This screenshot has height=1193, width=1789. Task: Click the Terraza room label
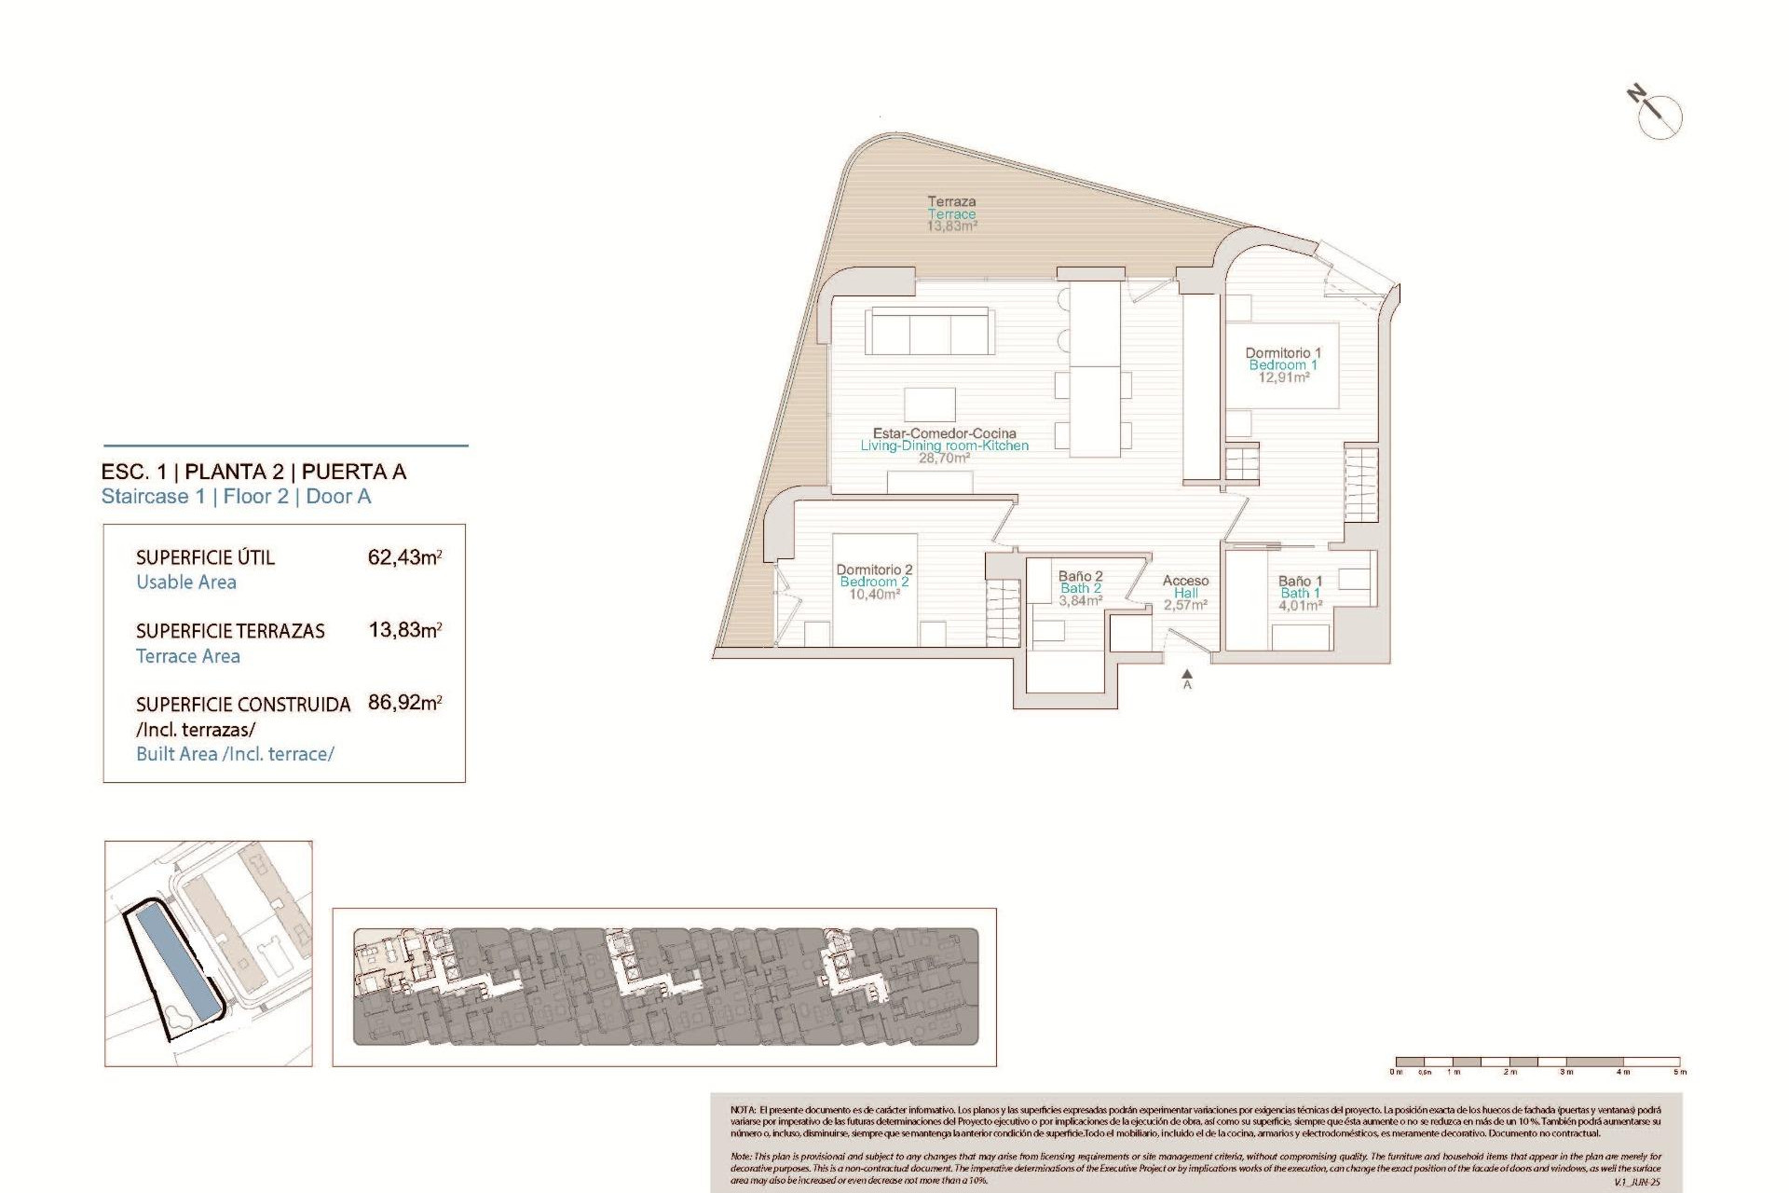coord(951,201)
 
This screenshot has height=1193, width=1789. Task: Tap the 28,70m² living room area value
coord(944,459)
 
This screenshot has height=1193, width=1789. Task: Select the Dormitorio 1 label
coord(1283,353)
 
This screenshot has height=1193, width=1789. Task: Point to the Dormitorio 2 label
coord(874,569)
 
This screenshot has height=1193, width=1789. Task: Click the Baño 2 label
coord(1080,576)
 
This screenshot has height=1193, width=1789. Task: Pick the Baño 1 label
coord(1300,581)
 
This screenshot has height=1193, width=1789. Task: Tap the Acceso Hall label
coord(1185,586)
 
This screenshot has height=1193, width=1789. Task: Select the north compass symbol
coord(1659,116)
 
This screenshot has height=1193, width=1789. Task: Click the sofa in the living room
coord(929,332)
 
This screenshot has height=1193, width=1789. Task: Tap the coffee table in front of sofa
coord(929,405)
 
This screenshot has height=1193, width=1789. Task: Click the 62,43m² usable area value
coord(404,557)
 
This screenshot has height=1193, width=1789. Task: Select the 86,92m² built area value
coord(404,703)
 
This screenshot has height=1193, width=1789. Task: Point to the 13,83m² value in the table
coord(404,630)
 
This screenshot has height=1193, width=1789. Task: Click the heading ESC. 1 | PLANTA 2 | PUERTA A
coord(253,472)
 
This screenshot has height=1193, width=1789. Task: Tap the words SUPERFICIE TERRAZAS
coord(230,631)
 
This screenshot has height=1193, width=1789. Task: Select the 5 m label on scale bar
coord(1679,1073)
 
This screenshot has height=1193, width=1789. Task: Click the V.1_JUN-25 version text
coord(1636,1182)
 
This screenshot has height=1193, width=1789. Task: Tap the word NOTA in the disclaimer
coord(743,1110)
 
